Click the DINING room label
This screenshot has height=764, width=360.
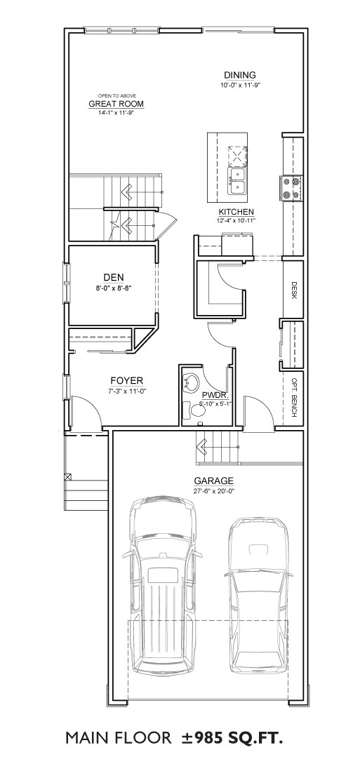coord(240,75)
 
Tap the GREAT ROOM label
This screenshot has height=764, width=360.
coord(116,104)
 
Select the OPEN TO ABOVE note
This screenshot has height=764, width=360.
coord(116,95)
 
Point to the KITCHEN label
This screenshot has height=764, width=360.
coord(236,212)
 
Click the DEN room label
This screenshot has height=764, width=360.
coord(113,278)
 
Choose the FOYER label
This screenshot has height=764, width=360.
coord(126,380)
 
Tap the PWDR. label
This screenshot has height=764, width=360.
coord(213,395)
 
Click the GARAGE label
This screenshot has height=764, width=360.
coord(214,481)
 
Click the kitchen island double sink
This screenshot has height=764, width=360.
coord(237,181)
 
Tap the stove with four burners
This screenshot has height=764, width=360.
coord(291,187)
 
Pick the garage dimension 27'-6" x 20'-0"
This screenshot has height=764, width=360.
coord(214,491)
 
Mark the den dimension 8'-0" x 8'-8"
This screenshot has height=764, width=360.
coord(113,288)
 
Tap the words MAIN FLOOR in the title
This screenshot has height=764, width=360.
coord(119,739)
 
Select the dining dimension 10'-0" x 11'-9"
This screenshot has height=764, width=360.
coord(240,86)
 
